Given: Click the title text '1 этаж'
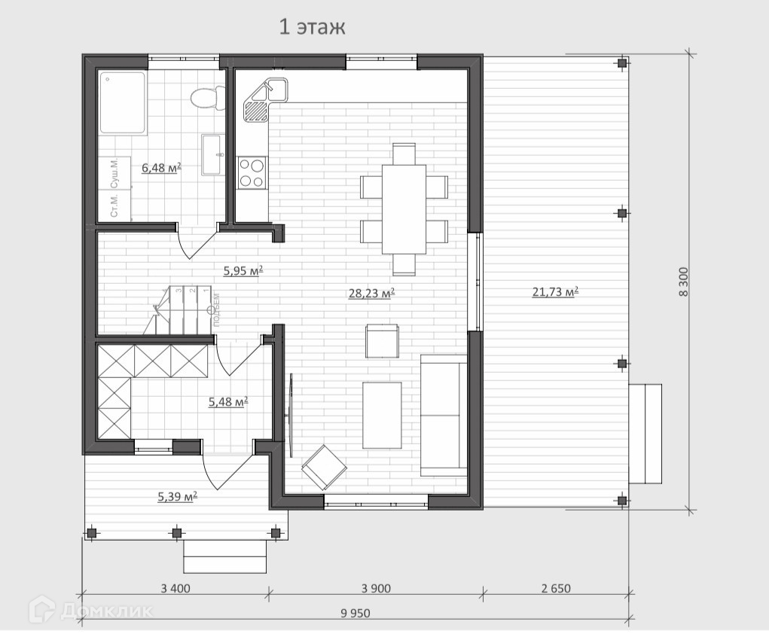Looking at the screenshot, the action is coord(312,27).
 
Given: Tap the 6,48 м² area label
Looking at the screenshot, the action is coord(161,168).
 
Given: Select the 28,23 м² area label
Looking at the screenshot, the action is coord(372,293).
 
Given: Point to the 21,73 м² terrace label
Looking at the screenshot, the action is coord(555,292).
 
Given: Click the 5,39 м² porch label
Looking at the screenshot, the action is coord(177,496).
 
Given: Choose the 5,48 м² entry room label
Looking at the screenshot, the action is coord(228,402).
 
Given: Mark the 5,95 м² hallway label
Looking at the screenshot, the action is coord(243,270).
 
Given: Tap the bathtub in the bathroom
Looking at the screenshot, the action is coord(123,103).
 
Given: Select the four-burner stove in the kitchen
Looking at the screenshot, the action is coord(252,173).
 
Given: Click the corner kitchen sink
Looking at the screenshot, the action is coord(265,100).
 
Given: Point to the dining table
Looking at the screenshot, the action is coord(404,209).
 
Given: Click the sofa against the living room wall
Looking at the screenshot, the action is coord(444,415).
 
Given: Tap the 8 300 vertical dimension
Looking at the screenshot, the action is coord(683,282).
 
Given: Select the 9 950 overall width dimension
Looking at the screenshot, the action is coord(355,613).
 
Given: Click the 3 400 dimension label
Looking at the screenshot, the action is coord(175,588).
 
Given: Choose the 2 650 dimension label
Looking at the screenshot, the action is coord(556,588).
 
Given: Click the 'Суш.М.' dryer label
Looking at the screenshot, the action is coord(114,173).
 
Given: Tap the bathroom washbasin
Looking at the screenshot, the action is coord(213,154).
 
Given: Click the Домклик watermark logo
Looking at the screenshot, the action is coord(90,610).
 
